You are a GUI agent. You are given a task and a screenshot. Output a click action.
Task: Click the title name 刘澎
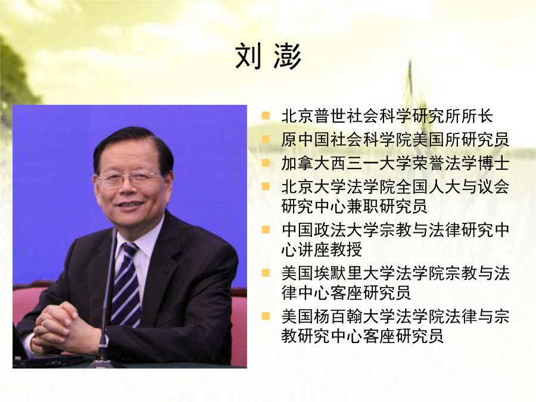tap(269, 57)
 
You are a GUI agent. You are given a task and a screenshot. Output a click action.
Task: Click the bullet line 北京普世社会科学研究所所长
tap(387, 116)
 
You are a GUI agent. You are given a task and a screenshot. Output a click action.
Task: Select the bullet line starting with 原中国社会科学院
tap(395, 139)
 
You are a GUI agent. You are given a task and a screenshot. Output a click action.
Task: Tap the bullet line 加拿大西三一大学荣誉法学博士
tap(395, 163)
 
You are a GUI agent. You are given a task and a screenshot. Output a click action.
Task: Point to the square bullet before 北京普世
tap(266, 116)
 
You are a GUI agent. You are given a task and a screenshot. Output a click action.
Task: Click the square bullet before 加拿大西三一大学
tap(266, 163)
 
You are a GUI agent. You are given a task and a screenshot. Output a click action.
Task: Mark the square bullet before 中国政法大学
tap(266, 229)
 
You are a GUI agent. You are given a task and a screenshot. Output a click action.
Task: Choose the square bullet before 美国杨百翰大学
tap(266, 316)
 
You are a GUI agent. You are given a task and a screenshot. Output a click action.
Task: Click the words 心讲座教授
tap(322, 250)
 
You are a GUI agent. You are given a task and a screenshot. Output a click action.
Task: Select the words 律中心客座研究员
tap(346, 293)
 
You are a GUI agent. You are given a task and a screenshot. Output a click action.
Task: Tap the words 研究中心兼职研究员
tap(354, 206)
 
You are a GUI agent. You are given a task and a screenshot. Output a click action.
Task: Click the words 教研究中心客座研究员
tap(362, 336)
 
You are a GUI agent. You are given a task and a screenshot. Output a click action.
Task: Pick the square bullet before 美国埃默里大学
tap(266, 273)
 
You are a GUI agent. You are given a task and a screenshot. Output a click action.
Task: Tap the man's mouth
tap(130, 205)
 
